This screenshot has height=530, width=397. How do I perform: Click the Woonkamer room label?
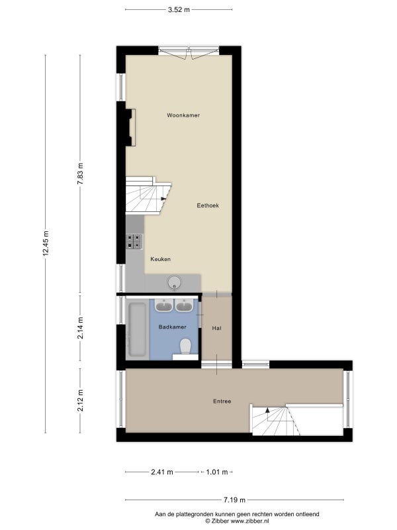(183, 115)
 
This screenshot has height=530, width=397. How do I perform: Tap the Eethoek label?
(208, 205)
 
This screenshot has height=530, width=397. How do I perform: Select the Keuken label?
(160, 259)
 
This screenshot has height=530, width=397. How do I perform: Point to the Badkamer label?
(173, 327)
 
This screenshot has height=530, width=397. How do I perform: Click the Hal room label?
(217, 328)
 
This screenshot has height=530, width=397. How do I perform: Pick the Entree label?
(222, 401)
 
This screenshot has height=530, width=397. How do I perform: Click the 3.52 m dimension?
(179, 9)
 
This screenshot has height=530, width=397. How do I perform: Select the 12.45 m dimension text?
(46, 243)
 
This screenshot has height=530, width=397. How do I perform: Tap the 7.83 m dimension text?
(80, 174)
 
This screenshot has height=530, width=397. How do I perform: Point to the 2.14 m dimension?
(80, 328)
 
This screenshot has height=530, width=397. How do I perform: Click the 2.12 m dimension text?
(80, 401)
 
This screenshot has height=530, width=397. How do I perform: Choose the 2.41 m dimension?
(162, 472)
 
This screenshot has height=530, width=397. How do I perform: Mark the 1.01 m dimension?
(217, 472)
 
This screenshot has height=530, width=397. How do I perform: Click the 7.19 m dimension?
(234, 500)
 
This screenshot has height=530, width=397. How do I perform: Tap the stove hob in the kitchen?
(134, 242)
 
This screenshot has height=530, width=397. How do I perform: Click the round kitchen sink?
(175, 283)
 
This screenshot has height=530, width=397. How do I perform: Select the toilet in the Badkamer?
(186, 347)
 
